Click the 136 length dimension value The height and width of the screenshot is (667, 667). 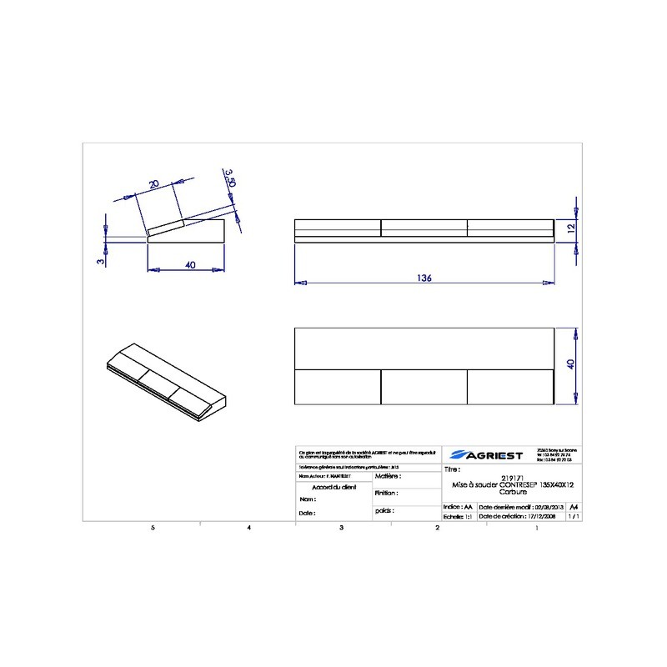(424, 278)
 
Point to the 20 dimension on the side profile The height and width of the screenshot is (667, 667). (153, 183)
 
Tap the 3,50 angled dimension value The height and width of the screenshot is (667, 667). (231, 178)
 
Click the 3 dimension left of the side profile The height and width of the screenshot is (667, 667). (99, 261)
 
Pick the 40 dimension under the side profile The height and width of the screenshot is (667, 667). (190, 265)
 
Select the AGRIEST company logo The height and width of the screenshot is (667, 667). (486, 455)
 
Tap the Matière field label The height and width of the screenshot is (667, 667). (389, 477)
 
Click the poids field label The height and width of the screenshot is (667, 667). (384, 509)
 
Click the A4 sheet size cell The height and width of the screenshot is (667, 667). (572, 506)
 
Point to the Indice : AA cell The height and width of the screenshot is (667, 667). (458, 506)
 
